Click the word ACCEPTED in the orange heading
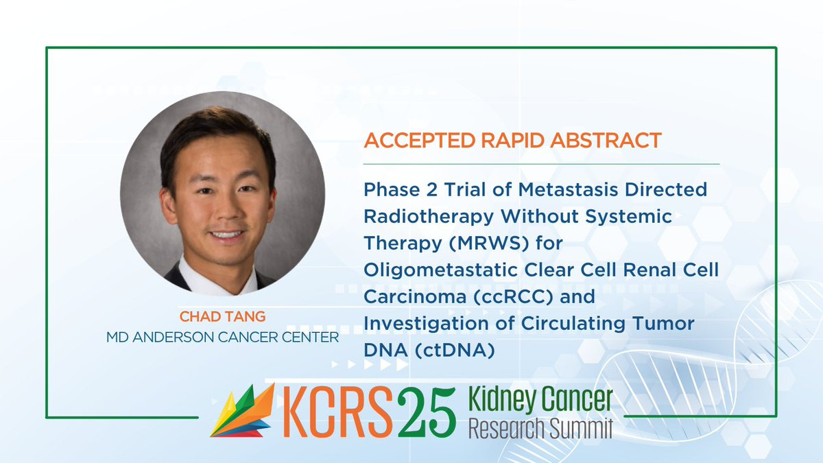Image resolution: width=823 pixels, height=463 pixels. [x=420, y=141]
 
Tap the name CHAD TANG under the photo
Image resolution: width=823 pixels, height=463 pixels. [x=222, y=316]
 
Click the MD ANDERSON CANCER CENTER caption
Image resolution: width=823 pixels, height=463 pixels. [x=222, y=337]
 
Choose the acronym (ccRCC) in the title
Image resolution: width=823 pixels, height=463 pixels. [x=512, y=296]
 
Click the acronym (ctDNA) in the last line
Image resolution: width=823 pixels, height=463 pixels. [x=455, y=351]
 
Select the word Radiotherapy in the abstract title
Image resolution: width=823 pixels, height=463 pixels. [x=429, y=217]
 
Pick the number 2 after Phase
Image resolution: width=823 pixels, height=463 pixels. [x=431, y=190]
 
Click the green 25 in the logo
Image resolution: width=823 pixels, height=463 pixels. [x=426, y=412]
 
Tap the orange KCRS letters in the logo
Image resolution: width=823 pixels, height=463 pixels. [x=337, y=412]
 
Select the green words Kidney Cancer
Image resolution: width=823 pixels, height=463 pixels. [x=540, y=399]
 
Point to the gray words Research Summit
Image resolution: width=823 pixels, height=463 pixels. [x=540, y=428]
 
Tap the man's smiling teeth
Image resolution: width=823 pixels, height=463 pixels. [x=227, y=235]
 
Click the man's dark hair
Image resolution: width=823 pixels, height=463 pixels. [x=217, y=136]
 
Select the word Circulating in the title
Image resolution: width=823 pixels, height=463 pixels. [x=573, y=324]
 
